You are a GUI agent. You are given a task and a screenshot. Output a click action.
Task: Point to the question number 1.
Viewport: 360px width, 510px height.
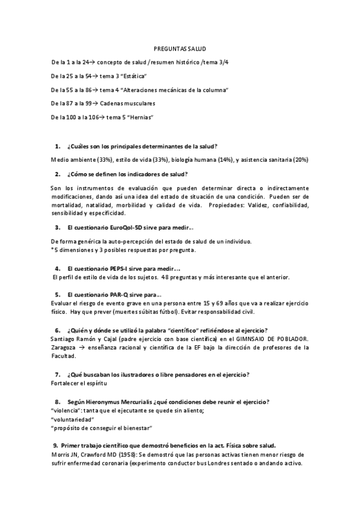click(57, 146)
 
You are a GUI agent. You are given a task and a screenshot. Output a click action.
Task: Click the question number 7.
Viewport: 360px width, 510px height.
click(57, 375)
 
